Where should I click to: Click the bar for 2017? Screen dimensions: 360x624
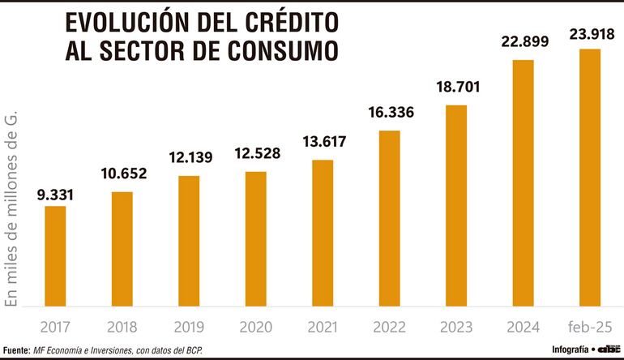pos(55,256)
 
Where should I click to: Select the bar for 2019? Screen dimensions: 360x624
pos(189,241)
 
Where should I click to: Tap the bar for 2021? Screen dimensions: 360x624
pos(323,233)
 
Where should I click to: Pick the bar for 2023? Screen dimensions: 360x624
pos(456,206)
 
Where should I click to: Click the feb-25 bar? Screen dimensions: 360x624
pos(589,178)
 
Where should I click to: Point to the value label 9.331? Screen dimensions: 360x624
pos(55,195)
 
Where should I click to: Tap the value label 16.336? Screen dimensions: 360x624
pos(389,113)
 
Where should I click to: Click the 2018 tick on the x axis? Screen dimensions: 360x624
pos(122,328)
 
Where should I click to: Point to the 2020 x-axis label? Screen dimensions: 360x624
pos(255,328)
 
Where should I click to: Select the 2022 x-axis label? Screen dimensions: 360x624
pos(389,328)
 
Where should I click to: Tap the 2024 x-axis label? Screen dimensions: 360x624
pos(523,328)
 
